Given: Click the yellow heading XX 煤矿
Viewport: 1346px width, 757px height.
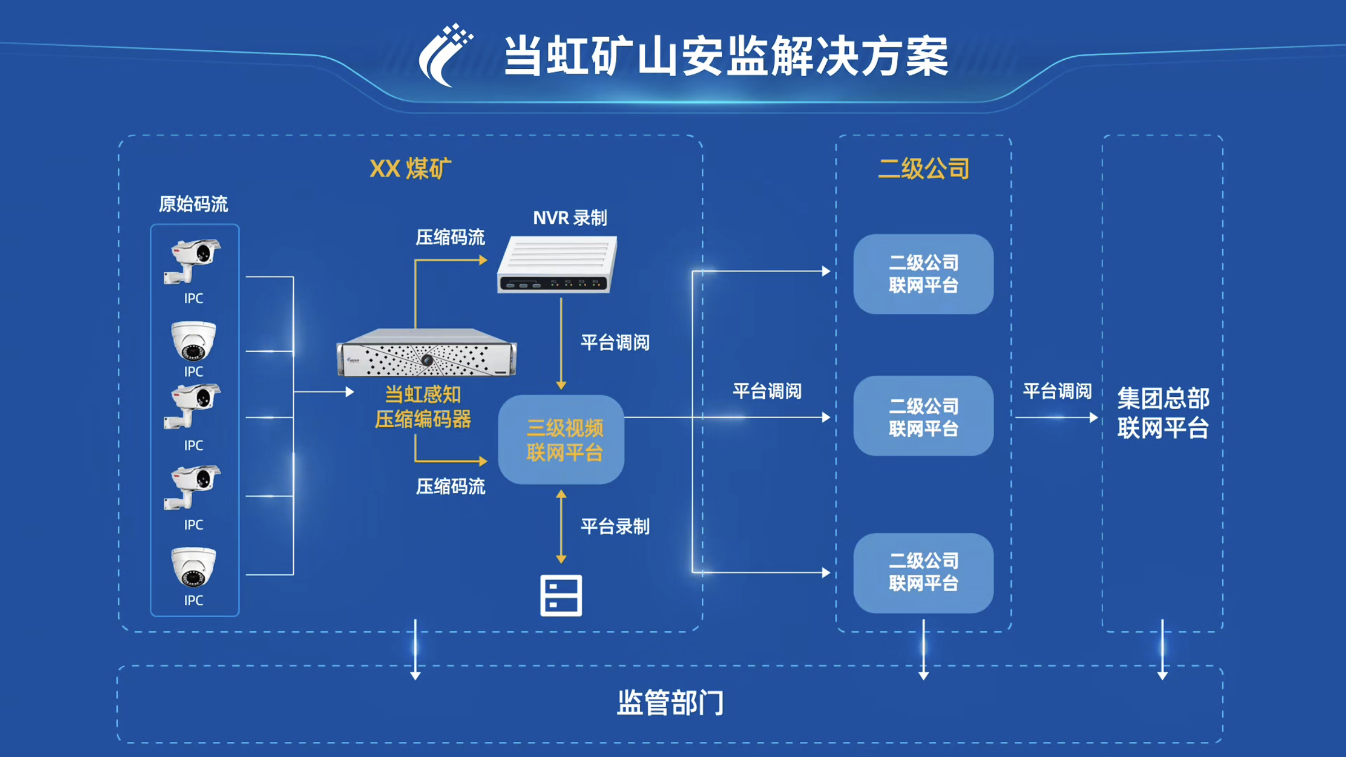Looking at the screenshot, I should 410,168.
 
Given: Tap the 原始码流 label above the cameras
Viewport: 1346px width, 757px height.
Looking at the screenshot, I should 193,204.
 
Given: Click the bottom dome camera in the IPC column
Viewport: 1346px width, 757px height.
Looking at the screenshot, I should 193,567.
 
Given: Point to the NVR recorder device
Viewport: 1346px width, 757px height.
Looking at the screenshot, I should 557,265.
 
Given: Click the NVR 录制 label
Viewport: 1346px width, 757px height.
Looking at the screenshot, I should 570,218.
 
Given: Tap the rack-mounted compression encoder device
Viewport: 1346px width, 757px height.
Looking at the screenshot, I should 426,353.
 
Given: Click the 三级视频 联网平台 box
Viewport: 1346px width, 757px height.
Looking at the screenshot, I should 561,440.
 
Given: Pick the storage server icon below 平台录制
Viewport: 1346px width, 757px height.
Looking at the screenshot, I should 561,595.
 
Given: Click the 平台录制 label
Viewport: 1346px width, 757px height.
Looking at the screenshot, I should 615,526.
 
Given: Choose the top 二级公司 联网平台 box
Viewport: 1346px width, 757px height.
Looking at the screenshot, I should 923,274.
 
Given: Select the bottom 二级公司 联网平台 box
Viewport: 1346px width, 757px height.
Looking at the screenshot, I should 923,573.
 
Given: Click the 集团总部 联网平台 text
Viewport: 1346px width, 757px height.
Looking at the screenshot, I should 1163,413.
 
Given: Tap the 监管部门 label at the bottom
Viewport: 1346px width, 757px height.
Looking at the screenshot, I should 670,703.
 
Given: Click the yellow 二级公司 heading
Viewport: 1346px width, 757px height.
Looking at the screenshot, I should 923,168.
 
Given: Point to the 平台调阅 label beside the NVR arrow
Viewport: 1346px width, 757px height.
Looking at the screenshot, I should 615,343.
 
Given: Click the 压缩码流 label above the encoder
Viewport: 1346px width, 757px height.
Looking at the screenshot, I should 450,237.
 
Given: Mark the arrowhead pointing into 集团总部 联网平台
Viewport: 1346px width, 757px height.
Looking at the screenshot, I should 1093,418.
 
